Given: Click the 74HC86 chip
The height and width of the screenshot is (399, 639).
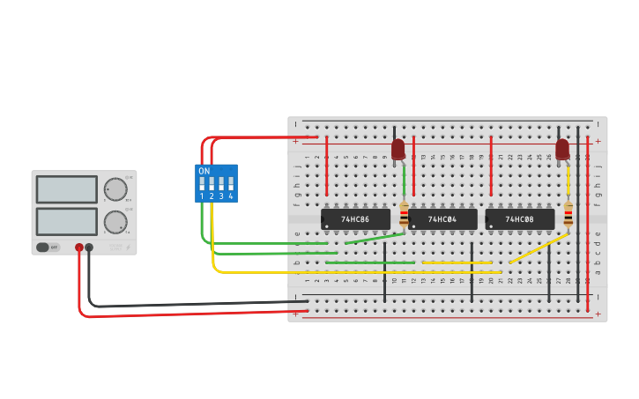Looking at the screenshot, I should pos(355,218).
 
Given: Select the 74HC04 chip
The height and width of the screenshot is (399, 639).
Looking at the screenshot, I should pos(442,218).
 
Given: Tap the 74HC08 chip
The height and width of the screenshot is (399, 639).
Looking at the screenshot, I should pos(520,218).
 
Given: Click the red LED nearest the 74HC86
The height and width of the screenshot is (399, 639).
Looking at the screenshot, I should pos(398,148).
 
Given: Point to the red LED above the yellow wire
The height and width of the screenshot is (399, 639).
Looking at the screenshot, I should pos(562,148).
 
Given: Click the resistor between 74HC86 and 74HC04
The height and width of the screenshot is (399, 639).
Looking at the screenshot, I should pos(405,215).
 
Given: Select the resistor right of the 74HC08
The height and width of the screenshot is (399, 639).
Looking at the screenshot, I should pos(568,214).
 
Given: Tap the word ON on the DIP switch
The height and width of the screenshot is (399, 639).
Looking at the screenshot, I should pos(204,171).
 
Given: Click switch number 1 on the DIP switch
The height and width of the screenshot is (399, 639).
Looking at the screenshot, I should pos(202,185).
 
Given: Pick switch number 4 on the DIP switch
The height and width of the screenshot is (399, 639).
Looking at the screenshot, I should pos(231,185).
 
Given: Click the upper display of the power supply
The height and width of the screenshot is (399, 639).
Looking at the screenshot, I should pos(66,189).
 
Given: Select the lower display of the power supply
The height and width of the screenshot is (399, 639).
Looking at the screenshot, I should pos(66,220).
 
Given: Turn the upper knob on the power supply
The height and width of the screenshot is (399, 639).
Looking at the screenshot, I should pos(115,188).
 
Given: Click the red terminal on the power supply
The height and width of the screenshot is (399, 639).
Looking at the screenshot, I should pos(79,248).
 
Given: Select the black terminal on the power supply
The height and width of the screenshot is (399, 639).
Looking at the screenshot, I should pos(89,248).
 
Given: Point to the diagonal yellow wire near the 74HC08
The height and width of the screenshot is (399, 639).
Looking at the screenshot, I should pos(539,248).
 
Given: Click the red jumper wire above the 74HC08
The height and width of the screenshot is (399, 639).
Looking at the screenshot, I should pos(491,166).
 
